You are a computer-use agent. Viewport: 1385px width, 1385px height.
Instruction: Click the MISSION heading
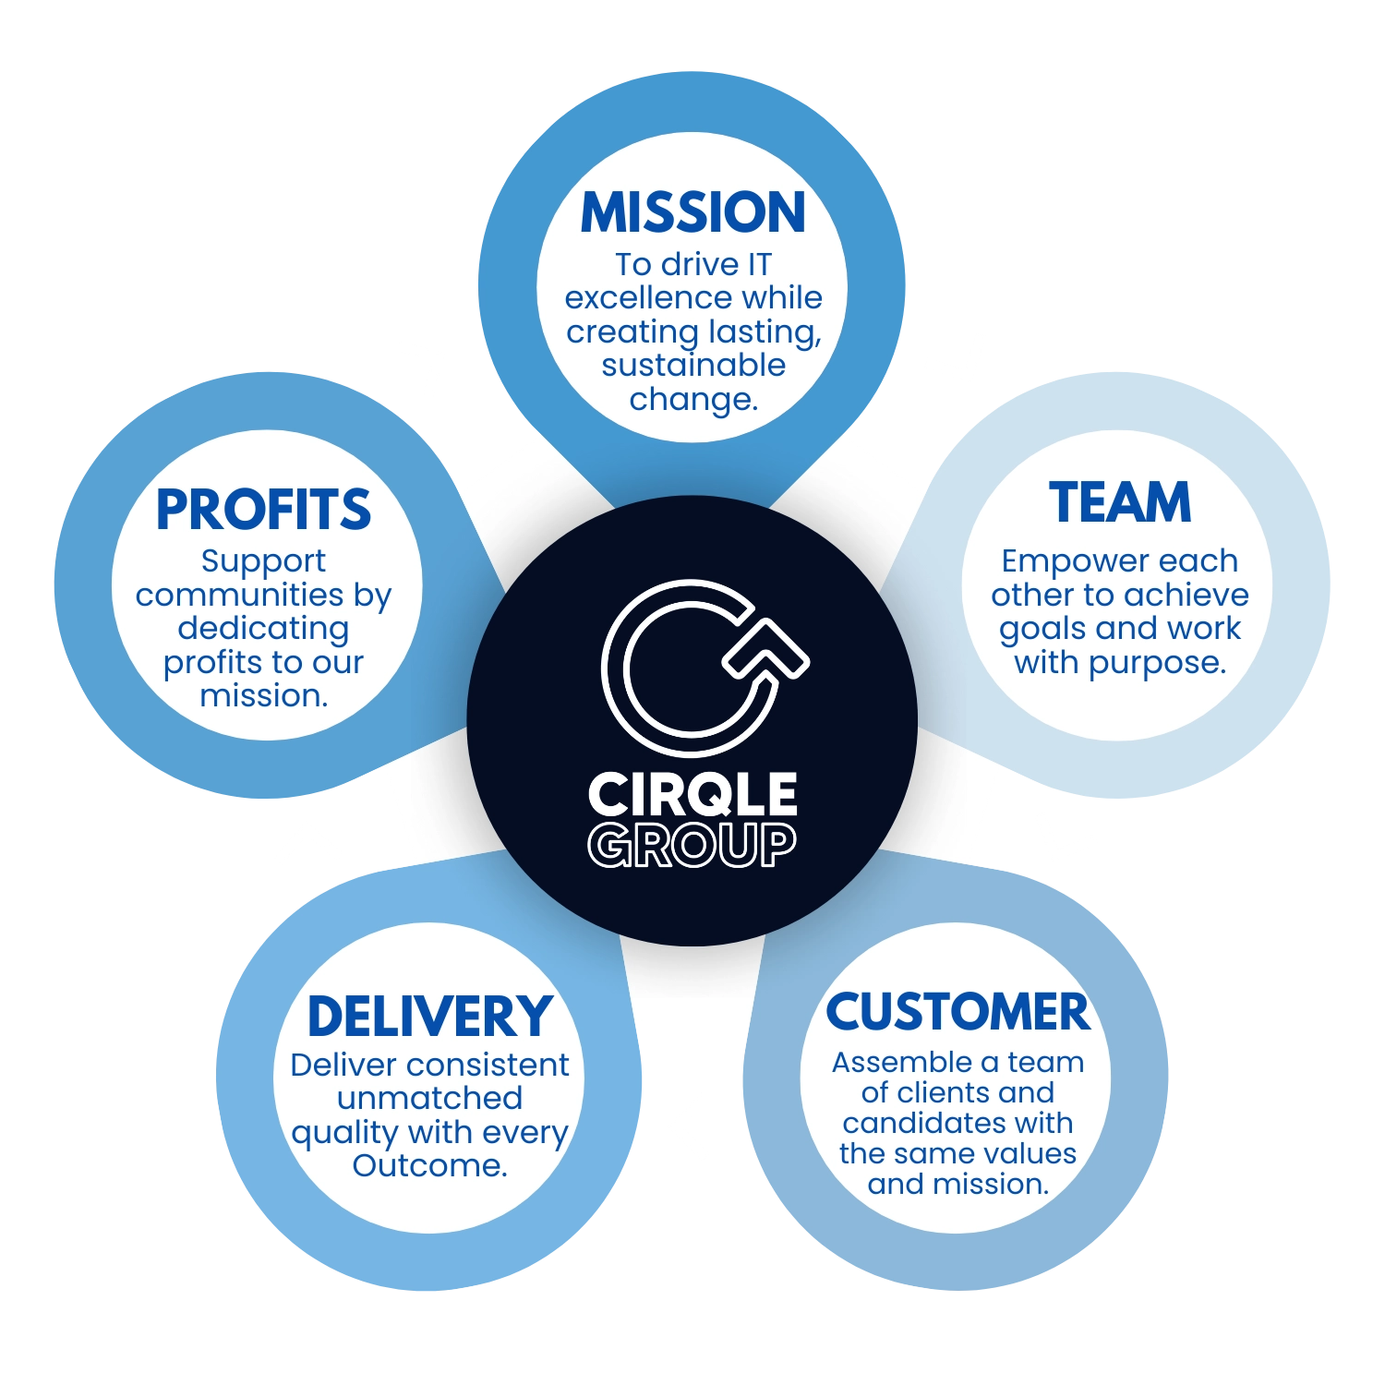[x=692, y=212]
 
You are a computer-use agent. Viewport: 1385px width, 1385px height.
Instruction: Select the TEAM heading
[x=1120, y=503]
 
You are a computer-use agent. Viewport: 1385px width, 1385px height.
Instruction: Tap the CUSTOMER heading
[x=957, y=1012]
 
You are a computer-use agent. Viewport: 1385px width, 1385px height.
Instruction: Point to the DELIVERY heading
[x=429, y=1017]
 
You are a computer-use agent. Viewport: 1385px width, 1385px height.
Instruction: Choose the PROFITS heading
[x=263, y=510]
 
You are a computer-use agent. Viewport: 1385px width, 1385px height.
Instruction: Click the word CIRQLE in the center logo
[x=692, y=795]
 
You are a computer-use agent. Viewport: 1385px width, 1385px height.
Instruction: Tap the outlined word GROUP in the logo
[x=692, y=845]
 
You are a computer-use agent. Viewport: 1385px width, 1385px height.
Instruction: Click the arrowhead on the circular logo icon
[x=766, y=646]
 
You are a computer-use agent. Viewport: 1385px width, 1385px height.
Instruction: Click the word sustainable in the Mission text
[x=692, y=366]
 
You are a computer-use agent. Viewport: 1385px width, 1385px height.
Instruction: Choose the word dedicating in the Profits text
[x=263, y=629]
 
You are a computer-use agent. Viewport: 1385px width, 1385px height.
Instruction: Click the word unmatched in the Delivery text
[x=429, y=1099]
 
